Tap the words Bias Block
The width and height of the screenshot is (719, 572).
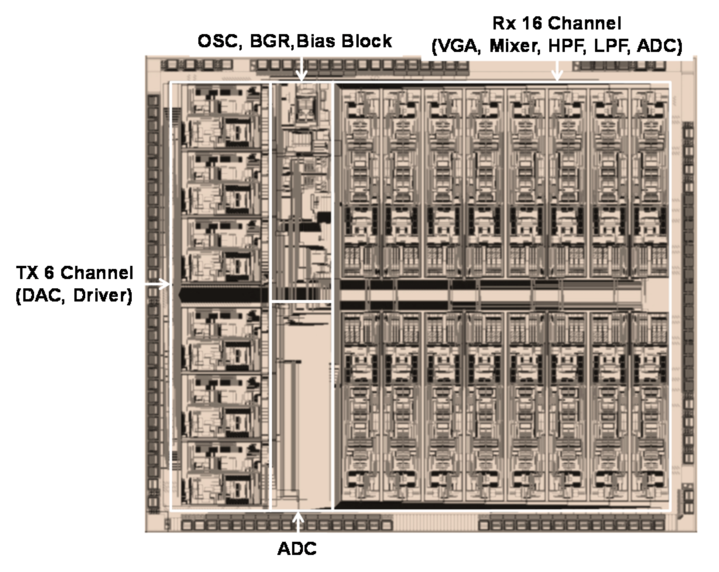click(344, 41)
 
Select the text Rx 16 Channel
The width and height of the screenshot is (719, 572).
click(557, 24)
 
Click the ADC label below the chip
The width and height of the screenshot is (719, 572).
click(297, 549)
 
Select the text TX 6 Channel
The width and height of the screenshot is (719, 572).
click(74, 273)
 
